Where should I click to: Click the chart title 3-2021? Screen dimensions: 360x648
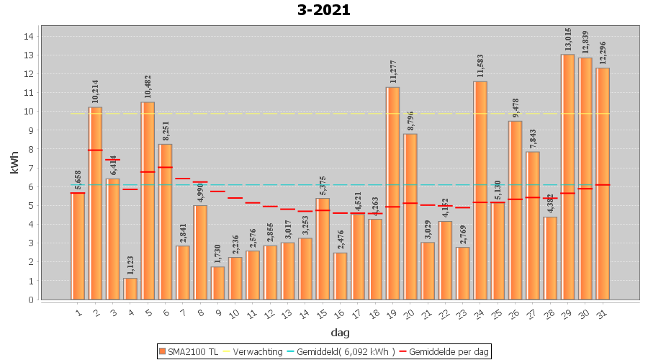point(323,10)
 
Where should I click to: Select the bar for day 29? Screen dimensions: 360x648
point(568,176)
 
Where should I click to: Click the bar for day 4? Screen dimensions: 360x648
point(130,288)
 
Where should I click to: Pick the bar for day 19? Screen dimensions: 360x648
point(393,193)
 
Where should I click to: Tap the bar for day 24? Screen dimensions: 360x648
point(480,190)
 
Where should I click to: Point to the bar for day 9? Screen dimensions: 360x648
point(217,283)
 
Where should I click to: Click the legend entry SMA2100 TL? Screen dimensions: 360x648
point(189,351)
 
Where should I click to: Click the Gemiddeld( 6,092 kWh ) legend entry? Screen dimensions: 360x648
point(338,351)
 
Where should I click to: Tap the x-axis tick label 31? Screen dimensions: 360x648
point(602,313)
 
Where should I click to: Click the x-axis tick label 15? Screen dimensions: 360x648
point(323,313)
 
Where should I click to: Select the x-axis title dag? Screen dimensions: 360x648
point(341,332)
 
